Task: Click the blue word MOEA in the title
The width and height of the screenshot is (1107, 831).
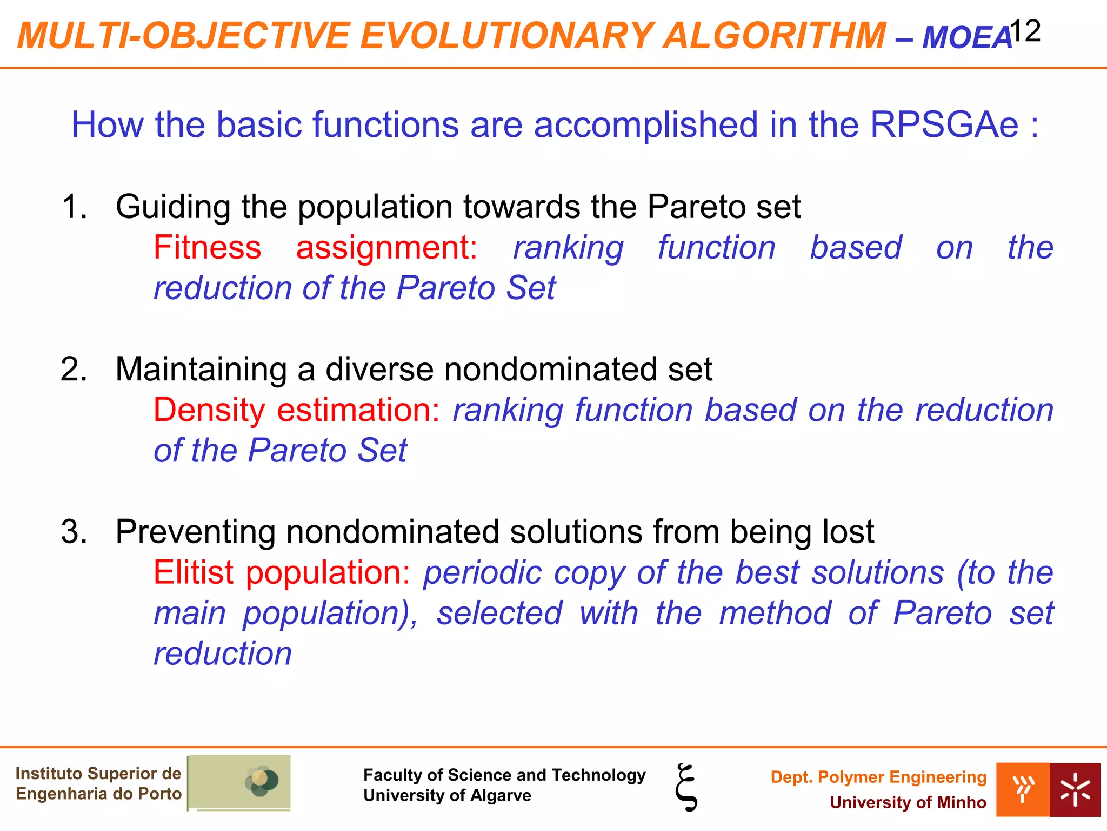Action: [x=966, y=38]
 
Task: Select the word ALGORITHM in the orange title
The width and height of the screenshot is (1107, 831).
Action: [x=775, y=36]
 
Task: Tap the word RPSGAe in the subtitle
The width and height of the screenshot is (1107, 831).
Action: [x=944, y=125]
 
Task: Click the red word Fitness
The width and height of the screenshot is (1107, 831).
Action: [x=207, y=248]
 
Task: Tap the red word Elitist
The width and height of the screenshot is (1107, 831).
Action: [x=194, y=572]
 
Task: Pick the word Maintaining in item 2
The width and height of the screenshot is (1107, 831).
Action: [x=201, y=370]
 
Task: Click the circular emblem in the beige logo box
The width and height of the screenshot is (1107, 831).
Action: [x=262, y=781]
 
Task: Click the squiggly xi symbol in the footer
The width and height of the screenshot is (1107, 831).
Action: [x=686, y=787]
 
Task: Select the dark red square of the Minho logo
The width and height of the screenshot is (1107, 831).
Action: [x=1075, y=789]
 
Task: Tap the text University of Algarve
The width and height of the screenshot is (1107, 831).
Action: [x=447, y=796]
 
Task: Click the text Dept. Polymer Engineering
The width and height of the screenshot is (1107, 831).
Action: [x=878, y=777]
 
